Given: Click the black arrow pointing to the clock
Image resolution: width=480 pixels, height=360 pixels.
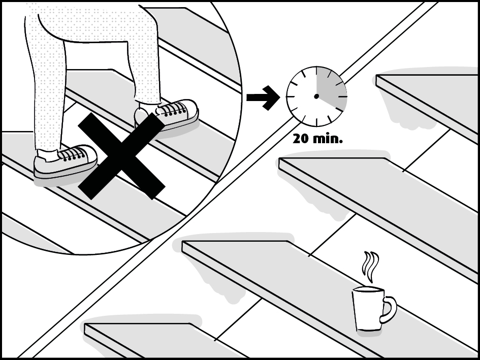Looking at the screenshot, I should (x=263, y=96).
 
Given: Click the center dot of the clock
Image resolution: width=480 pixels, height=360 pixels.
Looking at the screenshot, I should (x=316, y=96).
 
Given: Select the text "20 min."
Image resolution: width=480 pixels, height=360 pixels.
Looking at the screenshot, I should (x=317, y=138).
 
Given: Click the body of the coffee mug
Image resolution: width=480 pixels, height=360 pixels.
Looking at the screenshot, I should (x=367, y=309).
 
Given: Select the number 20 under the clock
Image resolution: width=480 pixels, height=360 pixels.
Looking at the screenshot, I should (x=301, y=138).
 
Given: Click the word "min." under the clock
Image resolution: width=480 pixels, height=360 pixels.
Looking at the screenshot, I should (x=327, y=138).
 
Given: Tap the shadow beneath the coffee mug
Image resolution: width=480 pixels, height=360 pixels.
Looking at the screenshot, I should (x=368, y=333).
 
